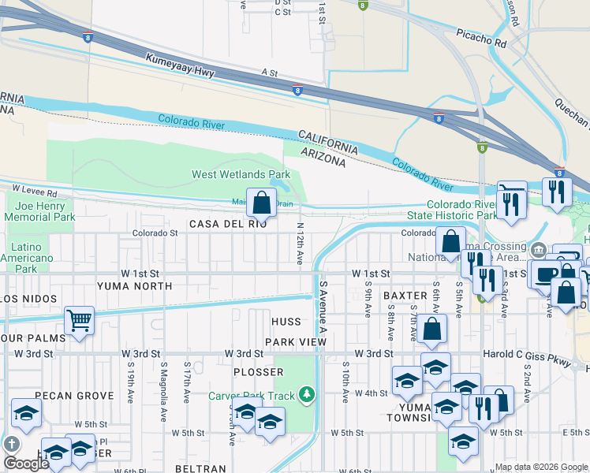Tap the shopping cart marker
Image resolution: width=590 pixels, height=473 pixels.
pyautogui.click(x=79, y=321)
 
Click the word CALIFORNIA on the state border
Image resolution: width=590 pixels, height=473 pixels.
pyautogui.click(x=327, y=143)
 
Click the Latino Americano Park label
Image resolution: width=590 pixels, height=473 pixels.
pyautogui.click(x=27, y=258)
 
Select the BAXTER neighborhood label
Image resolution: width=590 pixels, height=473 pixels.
pyautogui.click(x=405, y=296)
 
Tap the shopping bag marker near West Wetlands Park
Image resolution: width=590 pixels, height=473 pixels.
pyautogui.click(x=261, y=203)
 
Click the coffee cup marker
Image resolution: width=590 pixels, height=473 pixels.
pyautogui.click(x=545, y=274)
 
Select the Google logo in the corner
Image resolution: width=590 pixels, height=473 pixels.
pyautogui.click(x=26, y=463)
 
